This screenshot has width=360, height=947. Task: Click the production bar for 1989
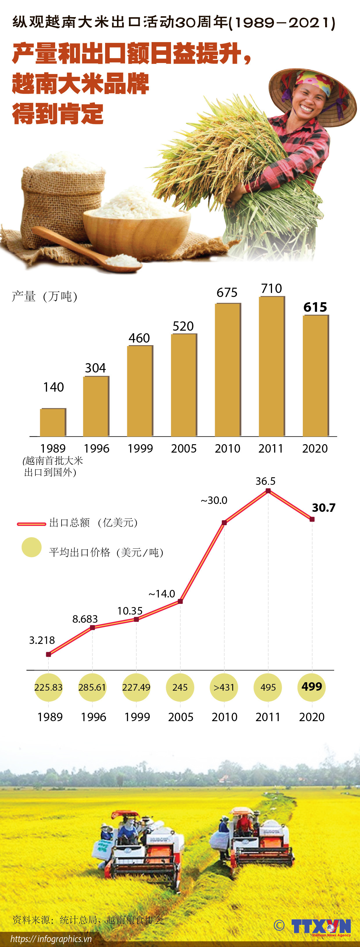[53, 422]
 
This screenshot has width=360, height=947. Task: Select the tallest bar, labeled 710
[271, 366]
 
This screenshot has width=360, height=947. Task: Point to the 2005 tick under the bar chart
[183, 449]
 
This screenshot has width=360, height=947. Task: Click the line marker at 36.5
[268, 491]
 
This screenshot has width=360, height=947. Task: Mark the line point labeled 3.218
[48, 654]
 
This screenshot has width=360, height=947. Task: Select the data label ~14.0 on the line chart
[162, 594]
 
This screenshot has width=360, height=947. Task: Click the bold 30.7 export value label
[324, 508]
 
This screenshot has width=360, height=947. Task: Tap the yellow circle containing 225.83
[48, 687]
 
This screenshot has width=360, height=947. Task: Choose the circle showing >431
[224, 687]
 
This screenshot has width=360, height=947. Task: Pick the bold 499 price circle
[312, 687]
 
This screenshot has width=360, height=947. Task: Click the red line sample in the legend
[31, 523]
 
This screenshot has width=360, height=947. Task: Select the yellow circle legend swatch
[32, 547]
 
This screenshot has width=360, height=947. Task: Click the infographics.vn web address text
[51, 939]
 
